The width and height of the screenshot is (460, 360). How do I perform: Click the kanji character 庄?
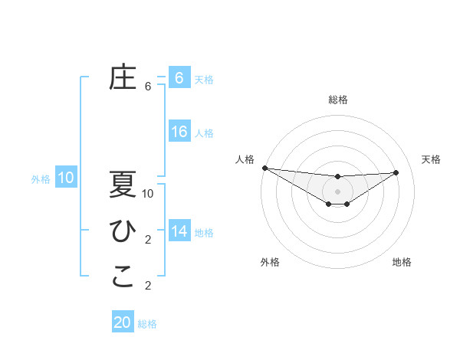pos(123,78)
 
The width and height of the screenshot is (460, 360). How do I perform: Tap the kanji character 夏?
pos(123,185)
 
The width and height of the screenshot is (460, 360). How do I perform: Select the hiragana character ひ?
pos(123,231)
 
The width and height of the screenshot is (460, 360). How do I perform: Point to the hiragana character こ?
pos(123,277)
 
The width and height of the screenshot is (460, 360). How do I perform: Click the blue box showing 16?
pos(179,132)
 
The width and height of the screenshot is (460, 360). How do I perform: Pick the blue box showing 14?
pos(179,231)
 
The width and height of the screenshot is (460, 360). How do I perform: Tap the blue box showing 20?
pos(123,322)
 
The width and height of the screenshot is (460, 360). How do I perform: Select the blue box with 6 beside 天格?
pos(179,78)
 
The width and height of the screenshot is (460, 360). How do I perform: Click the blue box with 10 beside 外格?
pos(66,178)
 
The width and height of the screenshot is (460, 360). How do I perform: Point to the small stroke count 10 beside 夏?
pos(148,194)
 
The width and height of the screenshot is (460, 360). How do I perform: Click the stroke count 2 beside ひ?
pos(148,240)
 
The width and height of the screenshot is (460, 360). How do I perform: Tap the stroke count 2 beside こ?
pos(148,286)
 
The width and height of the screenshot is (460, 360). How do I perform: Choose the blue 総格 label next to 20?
pos(147,324)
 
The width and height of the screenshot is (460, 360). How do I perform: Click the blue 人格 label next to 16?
pos(204,133)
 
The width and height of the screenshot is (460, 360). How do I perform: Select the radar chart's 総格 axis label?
pos(337,100)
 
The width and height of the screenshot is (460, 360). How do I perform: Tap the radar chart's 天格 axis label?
pos(432,159)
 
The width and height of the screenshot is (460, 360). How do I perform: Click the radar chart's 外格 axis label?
pos(270,262)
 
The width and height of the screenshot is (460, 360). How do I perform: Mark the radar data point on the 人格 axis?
pos(264,168)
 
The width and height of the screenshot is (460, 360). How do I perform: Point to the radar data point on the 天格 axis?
pos(396,172)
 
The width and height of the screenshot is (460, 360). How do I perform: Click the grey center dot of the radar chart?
pos(337,191)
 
